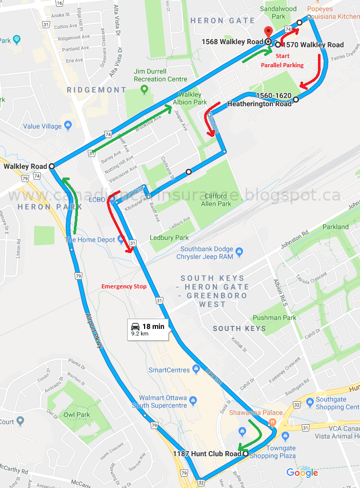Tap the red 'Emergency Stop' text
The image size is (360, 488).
tap(124, 286)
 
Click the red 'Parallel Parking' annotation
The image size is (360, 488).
tap(282, 65)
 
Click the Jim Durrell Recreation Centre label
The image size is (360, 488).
tap(157, 75)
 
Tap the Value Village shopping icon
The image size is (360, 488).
tap(68, 126)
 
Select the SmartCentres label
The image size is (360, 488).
tap(169, 369)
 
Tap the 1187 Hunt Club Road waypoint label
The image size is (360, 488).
tap(207, 454)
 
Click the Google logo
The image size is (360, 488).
tap(302, 473)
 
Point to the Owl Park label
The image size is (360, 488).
tap(76, 415)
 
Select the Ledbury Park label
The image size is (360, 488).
tap(169, 238)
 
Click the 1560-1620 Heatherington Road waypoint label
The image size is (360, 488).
tap(259, 100)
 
